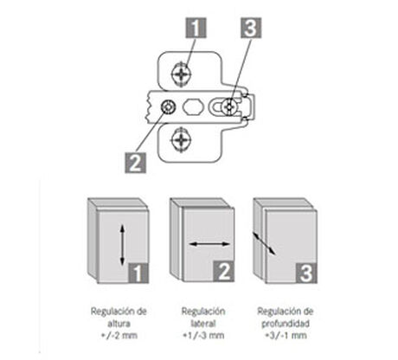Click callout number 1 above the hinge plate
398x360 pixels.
click(x=196, y=28)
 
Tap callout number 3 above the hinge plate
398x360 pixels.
click(x=251, y=28)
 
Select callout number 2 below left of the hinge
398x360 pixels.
click(x=135, y=163)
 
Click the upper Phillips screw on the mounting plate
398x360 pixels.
click(x=181, y=74)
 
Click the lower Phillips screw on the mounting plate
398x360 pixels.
click(x=181, y=140)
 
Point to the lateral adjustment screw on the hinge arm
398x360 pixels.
click(x=168, y=107)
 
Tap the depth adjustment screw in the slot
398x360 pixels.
click(x=229, y=107)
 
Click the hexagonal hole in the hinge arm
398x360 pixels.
click(x=193, y=106)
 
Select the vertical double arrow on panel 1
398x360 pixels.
click(x=122, y=245)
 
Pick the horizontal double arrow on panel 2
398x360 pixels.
click(x=209, y=244)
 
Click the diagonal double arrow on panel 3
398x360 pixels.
click(x=264, y=243)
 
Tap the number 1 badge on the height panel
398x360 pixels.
click(x=138, y=273)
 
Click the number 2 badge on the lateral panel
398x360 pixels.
click(x=224, y=272)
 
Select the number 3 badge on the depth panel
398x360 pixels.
click(x=306, y=273)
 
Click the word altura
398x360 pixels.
click(x=119, y=324)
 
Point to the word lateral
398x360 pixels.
click(x=203, y=324)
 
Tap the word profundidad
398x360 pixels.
click(x=286, y=324)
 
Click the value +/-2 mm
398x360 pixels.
click(x=119, y=336)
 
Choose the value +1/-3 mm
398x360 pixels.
click(x=203, y=336)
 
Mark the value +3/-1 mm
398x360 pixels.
click(x=286, y=336)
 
